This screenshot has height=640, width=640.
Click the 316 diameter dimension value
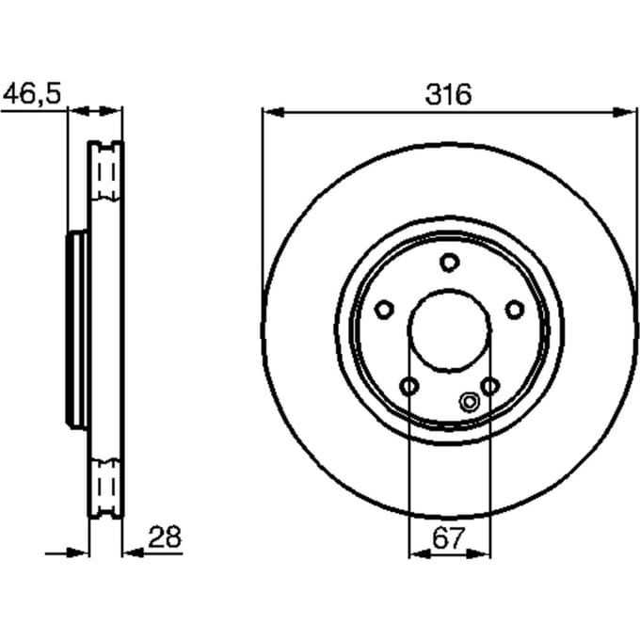click(x=448, y=94)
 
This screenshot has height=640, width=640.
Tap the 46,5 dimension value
click(x=32, y=93)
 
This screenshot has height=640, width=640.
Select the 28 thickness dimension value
click(x=165, y=536)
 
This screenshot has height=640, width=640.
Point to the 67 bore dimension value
click(x=449, y=538)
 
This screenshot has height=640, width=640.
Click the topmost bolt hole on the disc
click(x=449, y=263)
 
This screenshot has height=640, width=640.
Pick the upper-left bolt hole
click(x=384, y=310)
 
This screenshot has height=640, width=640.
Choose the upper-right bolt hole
click(x=514, y=310)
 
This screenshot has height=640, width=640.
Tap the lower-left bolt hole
click(x=409, y=385)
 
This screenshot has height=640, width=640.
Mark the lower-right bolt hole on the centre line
click(x=489, y=386)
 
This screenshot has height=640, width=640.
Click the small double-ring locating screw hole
click(x=469, y=402)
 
